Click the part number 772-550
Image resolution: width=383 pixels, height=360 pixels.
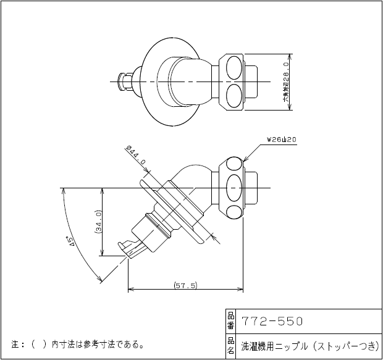272,321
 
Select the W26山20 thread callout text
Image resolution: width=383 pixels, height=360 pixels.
282,140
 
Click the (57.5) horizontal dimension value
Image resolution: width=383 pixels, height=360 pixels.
185,286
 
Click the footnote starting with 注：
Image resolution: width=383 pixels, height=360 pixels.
78,344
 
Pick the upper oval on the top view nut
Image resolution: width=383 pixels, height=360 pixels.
235,65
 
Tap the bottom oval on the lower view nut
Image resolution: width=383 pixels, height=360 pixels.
235,211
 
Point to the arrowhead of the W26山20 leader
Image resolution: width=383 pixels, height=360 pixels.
245,161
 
